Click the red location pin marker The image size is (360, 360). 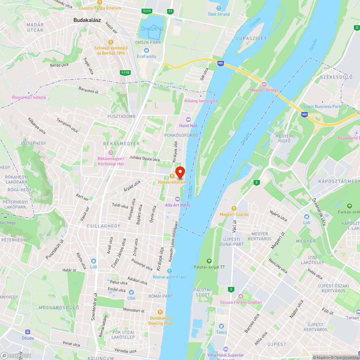click(180, 172)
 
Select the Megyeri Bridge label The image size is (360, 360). click(264, 90)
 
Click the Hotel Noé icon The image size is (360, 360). click(188, 120)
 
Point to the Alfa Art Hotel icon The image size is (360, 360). click(177, 199)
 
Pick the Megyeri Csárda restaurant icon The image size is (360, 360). click(234, 208)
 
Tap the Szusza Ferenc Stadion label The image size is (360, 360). click(241, 302)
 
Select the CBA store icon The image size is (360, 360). click(131, 292)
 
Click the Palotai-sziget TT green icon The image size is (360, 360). click(208, 261)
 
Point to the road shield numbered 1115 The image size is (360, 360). click(125, 73)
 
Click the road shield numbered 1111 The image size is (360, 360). click(147, 11)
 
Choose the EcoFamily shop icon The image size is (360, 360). click(147, 50)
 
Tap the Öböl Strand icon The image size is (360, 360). click(219, 8)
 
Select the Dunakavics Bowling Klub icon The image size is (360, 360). click(161, 312)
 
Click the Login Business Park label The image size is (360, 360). click(322, 107)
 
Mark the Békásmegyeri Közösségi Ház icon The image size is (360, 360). click(111, 153)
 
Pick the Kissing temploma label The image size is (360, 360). click(201, 101)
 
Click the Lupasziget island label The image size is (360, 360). click(251, 38)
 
